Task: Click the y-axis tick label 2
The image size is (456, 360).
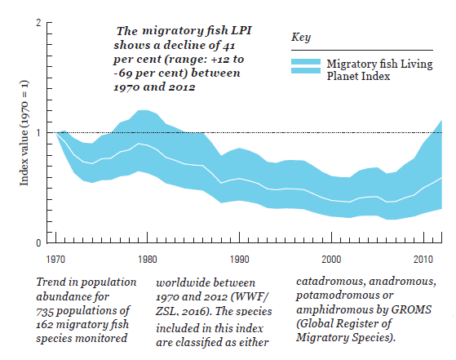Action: (39, 23)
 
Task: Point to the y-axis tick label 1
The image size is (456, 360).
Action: (39, 133)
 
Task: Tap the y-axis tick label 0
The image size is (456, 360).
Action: (39, 242)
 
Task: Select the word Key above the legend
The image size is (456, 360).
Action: (301, 38)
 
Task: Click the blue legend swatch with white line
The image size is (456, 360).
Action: (305, 68)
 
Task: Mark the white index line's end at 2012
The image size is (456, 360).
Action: (442, 178)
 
